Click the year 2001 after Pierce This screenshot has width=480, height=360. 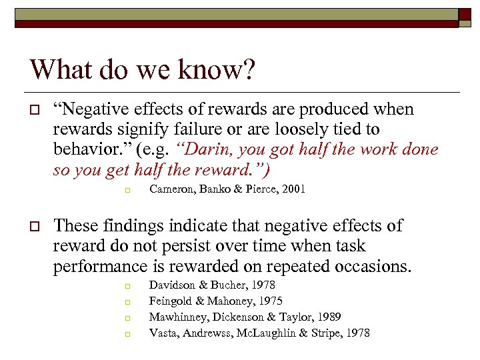(x=293, y=189)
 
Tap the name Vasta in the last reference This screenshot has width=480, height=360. (x=163, y=333)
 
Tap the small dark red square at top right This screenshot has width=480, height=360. (x=463, y=13)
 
